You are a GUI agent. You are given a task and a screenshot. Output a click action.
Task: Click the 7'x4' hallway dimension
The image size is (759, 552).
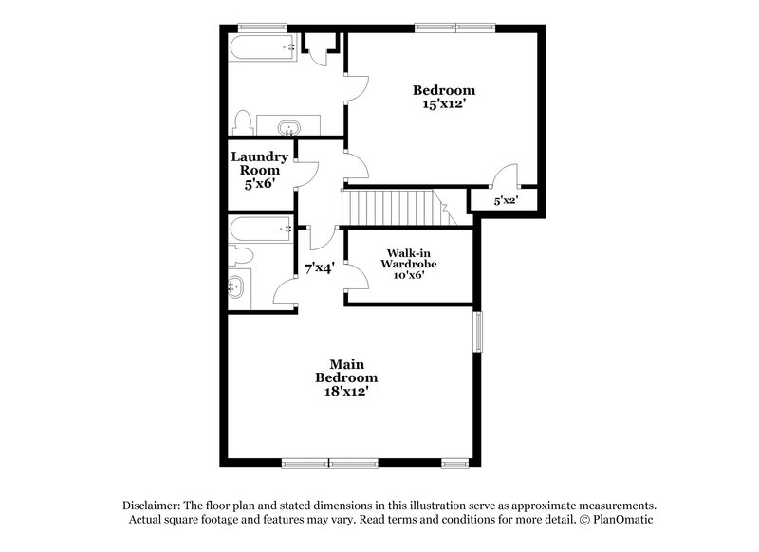click(x=319, y=268)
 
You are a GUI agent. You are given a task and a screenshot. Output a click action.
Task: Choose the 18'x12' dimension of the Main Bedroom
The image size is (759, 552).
click(x=347, y=390)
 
